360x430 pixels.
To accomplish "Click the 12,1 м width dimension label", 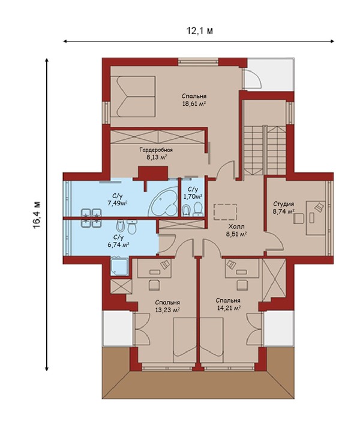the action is click(x=199, y=31).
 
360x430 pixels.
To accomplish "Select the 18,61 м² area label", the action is click(x=194, y=103).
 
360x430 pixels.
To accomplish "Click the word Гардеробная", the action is click(x=156, y=150).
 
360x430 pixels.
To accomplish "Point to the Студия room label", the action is click(x=284, y=204).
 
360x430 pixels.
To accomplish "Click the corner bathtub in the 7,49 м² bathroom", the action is click(x=163, y=202).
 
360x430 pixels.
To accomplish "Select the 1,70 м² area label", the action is click(x=193, y=196).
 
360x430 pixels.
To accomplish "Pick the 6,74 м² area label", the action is click(x=118, y=244).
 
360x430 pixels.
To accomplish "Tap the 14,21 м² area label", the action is click(x=229, y=307).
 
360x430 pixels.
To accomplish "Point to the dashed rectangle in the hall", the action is click(x=226, y=212).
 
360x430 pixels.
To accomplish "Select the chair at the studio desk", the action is click(x=299, y=219).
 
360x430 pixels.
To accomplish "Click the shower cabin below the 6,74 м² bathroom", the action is click(x=119, y=266).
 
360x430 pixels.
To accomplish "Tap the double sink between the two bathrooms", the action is click(x=91, y=218).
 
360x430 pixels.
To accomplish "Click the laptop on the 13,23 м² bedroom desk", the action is click(x=165, y=265).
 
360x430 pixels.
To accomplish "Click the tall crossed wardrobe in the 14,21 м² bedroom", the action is click(x=274, y=279).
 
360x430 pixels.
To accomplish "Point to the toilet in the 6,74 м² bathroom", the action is click(x=132, y=226).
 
